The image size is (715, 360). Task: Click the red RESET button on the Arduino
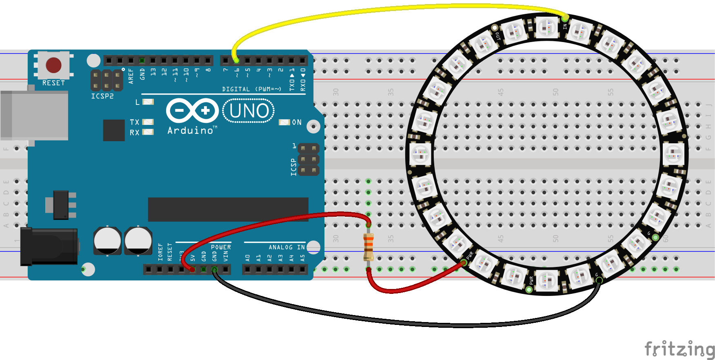(53, 65)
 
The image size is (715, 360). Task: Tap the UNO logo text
(249, 111)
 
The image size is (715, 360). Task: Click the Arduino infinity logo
(193, 110)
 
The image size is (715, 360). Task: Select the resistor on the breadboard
(369, 247)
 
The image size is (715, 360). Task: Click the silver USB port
(34, 116)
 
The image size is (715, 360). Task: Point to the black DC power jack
(49, 247)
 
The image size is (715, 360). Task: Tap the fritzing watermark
(679, 349)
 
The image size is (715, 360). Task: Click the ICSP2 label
(102, 96)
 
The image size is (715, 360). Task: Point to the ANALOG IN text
(286, 247)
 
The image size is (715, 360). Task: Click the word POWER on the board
(221, 247)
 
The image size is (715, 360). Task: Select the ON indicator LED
(284, 122)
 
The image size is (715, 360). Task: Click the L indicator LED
(148, 102)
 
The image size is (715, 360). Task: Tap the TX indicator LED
(148, 122)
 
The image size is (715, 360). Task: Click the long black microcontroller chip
(228, 209)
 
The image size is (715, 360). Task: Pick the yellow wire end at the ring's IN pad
(565, 18)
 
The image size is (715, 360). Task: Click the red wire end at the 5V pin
(192, 269)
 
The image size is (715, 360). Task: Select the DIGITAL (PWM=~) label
(251, 89)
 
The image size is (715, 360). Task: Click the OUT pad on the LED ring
(495, 28)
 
